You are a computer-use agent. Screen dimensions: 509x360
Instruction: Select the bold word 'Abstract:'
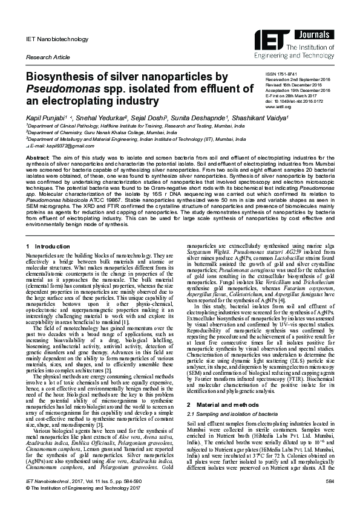click(x=37, y=157)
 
